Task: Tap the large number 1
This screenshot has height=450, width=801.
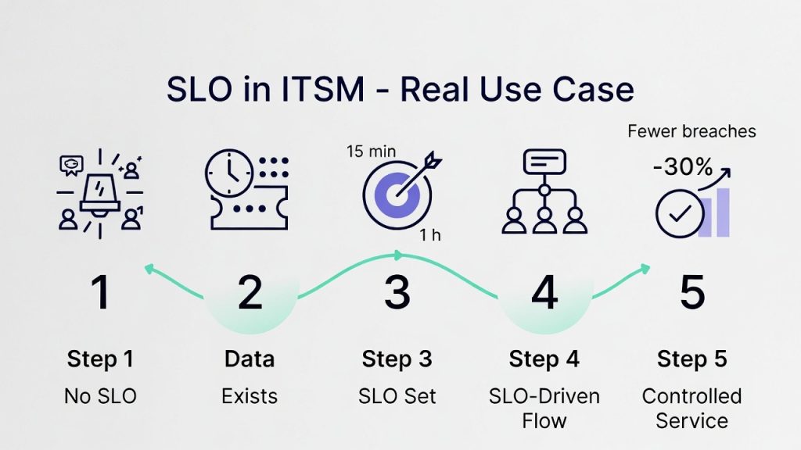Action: pyautogui.click(x=100, y=292)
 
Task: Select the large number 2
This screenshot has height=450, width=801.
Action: pyautogui.click(x=250, y=292)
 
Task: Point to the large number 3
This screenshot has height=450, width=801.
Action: pyautogui.click(x=397, y=292)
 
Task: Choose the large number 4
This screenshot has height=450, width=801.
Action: pyautogui.click(x=544, y=292)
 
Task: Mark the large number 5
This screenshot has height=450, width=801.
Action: pyautogui.click(x=692, y=292)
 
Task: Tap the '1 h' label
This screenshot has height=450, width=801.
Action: pyautogui.click(x=429, y=236)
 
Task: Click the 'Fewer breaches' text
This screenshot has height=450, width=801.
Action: pyautogui.click(x=691, y=130)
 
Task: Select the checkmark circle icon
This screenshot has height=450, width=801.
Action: pyautogui.click(x=673, y=213)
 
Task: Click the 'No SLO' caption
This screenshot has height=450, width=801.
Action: pyautogui.click(x=100, y=396)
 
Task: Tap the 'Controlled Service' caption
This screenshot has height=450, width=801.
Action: pyautogui.click(x=692, y=408)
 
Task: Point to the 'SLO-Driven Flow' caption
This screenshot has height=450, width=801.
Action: pyautogui.click(x=544, y=408)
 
